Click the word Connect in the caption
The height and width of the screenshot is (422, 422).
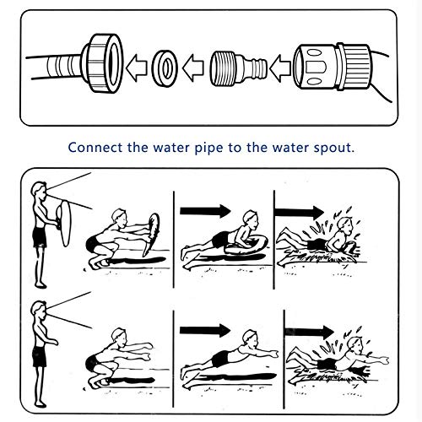[95, 148]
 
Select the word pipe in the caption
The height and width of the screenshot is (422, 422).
[208, 149]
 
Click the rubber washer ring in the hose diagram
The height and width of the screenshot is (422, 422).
[165, 68]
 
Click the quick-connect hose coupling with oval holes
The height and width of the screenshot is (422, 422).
[332, 67]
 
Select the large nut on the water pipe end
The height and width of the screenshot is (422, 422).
[103, 63]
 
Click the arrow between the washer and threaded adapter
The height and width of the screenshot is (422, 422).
[193, 68]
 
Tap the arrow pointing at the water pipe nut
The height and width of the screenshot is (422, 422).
[137, 68]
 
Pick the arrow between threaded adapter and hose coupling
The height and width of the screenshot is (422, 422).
[280, 68]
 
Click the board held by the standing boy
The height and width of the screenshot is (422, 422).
[65, 223]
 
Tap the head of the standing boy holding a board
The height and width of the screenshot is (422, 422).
[39, 192]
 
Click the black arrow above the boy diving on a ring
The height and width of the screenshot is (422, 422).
[205, 211]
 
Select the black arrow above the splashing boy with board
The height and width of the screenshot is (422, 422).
[299, 213]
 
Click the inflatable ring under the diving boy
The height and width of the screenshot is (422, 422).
[246, 246]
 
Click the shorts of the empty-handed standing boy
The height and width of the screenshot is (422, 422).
[40, 356]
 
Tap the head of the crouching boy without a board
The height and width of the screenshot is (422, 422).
[120, 338]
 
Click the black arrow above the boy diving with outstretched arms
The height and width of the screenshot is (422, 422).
[205, 331]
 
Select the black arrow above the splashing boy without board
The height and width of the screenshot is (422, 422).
[310, 332]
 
